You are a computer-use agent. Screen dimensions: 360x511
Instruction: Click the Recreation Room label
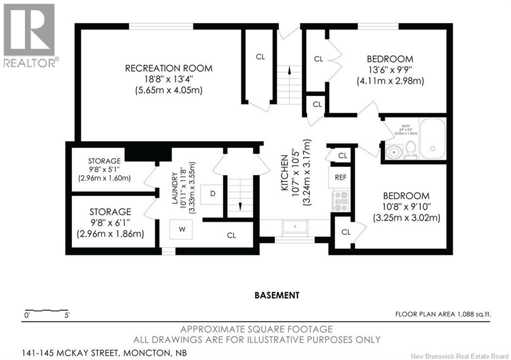[x=168, y=68]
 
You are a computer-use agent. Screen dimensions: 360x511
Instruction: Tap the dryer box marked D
[x=213, y=193]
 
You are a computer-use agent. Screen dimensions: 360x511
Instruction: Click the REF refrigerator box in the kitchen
[x=340, y=177]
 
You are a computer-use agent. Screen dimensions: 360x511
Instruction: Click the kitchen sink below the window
[x=295, y=227]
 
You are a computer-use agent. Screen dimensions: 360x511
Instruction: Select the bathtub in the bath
[x=432, y=138]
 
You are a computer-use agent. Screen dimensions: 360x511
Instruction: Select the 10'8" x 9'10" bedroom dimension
[x=406, y=207]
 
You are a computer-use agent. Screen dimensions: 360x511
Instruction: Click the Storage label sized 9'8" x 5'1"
[x=104, y=161]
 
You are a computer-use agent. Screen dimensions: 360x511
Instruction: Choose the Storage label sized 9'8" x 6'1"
[x=110, y=212]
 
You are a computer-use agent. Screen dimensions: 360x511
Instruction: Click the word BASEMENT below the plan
[x=277, y=295]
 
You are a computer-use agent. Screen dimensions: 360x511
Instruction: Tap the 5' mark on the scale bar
[x=66, y=315]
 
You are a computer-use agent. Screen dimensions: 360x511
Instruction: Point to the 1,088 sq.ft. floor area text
[x=443, y=314]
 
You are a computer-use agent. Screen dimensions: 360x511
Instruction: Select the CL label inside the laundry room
[x=231, y=235]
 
